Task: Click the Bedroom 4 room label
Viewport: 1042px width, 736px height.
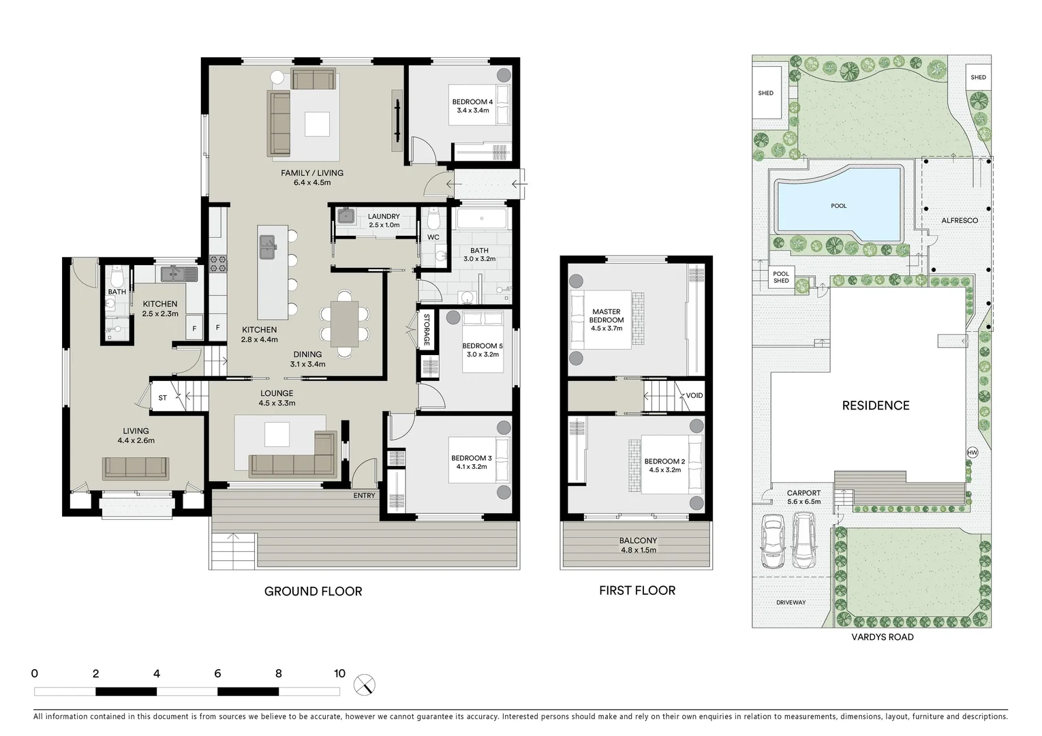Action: (472, 102)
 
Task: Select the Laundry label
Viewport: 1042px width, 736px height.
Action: (384, 217)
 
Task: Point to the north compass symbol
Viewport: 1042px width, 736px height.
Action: (365, 684)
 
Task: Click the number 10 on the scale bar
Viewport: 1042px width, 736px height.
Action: (339, 674)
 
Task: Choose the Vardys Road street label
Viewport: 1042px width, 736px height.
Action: (882, 637)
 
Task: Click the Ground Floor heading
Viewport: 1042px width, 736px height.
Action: (313, 592)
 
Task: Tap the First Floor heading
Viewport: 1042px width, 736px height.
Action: (637, 591)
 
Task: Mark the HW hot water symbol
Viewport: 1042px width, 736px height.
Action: (972, 453)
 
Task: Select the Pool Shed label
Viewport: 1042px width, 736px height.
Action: (781, 277)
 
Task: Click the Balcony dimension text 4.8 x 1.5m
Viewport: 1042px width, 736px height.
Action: (638, 550)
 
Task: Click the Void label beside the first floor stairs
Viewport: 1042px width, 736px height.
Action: (694, 395)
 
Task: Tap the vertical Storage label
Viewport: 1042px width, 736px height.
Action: (427, 329)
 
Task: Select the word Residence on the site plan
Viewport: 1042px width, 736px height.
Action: (876, 405)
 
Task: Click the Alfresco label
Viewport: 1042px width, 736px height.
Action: (960, 221)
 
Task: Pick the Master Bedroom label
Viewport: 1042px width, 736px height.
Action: (606, 316)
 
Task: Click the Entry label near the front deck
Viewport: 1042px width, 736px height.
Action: (364, 495)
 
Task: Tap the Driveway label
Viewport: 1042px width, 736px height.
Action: (791, 602)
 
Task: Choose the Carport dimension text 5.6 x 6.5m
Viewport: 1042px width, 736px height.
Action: (803, 501)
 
